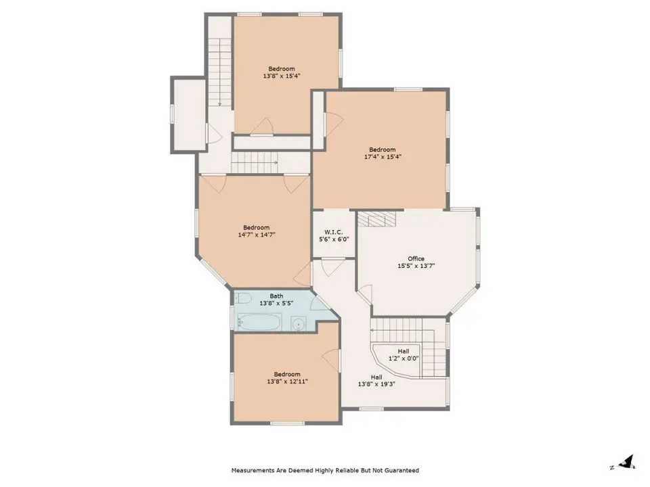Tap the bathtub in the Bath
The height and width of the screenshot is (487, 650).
coord(259,322)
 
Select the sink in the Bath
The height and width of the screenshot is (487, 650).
coord(299,323)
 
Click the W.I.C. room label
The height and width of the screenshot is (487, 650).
coord(333,232)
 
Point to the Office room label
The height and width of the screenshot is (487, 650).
coord(416,258)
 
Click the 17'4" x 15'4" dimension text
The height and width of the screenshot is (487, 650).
coord(383,157)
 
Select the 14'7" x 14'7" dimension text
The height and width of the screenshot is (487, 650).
coord(257,235)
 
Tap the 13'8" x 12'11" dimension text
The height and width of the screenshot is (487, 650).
coord(287,381)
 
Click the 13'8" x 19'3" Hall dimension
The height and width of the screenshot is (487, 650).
coord(376,384)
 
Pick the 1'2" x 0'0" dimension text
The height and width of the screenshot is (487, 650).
coord(404,358)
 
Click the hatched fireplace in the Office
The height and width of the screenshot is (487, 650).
coord(377,218)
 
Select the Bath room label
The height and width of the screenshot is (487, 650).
coord(276,296)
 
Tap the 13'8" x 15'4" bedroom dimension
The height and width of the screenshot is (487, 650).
coord(282,76)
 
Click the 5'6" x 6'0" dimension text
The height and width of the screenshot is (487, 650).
coord(334,239)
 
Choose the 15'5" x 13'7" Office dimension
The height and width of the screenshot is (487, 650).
coord(416,266)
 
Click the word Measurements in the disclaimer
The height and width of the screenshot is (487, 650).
coord(253,471)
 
